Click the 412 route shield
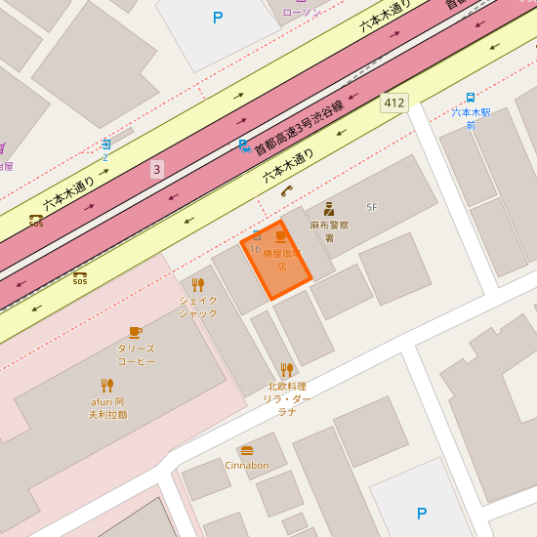(x=394, y=103)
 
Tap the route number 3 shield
(x=156, y=170)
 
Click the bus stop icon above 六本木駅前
(x=471, y=98)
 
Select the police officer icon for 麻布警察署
(x=329, y=208)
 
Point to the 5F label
(x=371, y=207)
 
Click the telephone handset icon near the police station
(x=286, y=190)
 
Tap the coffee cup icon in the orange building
(x=281, y=236)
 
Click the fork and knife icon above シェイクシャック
(x=198, y=285)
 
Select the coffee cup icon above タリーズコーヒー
(x=136, y=332)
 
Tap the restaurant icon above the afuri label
(x=107, y=385)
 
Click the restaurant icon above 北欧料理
(x=286, y=369)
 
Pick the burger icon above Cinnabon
(x=247, y=450)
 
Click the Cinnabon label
(x=247, y=466)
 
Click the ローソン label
(x=301, y=12)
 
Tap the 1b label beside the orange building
(x=255, y=249)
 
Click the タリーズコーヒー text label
(x=137, y=354)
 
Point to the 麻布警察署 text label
(x=330, y=231)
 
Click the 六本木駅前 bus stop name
(x=471, y=118)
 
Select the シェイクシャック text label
(x=198, y=307)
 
